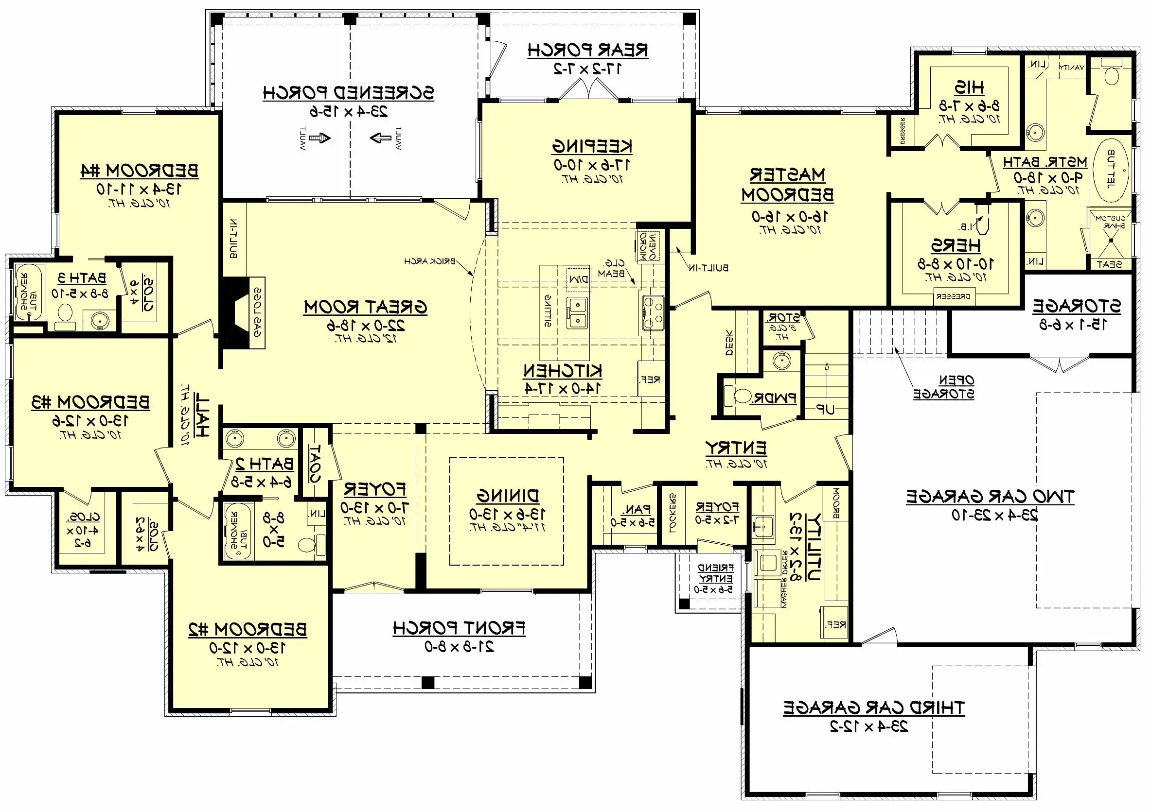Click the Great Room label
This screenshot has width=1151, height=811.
point(366,307)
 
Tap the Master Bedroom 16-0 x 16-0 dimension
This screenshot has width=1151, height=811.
point(789,216)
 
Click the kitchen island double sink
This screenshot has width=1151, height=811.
point(577,313)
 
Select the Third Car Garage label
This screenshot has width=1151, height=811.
point(874,707)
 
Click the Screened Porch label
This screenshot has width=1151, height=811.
point(348,93)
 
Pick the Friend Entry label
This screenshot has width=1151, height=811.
point(715,573)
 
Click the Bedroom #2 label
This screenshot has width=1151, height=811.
point(248,629)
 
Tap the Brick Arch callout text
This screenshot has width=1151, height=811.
point(430,261)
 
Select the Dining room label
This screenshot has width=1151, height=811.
point(507,496)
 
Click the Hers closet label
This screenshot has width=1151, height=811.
point(956,245)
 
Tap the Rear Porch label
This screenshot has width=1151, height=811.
point(587,50)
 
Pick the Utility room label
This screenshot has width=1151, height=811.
point(812,546)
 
